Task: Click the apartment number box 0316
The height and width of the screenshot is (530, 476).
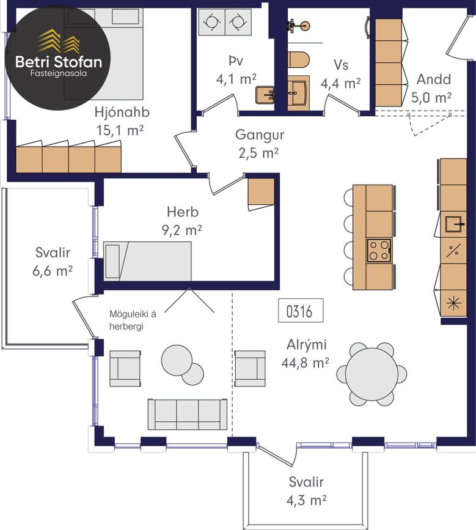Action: pyautogui.click(x=301, y=311)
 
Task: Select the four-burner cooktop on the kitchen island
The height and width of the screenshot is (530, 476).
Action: pyautogui.click(x=379, y=251)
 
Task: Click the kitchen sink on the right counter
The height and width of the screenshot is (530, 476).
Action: pyautogui.click(x=455, y=224)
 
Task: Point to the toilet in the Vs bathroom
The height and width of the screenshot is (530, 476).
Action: pyautogui.click(x=299, y=60)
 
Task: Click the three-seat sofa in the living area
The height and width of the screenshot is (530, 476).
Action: pyautogui.click(x=188, y=414)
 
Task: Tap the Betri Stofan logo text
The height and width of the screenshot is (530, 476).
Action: pyautogui.click(x=59, y=62)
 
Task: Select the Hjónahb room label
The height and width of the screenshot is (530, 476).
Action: pyautogui.click(x=122, y=112)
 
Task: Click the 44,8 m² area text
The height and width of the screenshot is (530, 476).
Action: pyautogui.click(x=305, y=363)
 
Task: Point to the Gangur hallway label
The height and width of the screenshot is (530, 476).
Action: pyautogui.click(x=260, y=134)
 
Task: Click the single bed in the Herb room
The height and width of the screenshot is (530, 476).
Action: pyautogui.click(x=147, y=261)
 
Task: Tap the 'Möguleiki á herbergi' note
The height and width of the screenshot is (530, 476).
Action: pyautogui.click(x=133, y=320)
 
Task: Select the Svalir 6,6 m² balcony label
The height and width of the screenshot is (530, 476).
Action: pyautogui.click(x=53, y=261)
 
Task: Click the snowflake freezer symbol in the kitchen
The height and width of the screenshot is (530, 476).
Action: pyautogui.click(x=452, y=303)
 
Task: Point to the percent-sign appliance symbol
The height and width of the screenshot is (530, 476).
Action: pyautogui.click(x=453, y=251)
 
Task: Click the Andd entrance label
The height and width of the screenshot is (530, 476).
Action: pyautogui.click(x=434, y=79)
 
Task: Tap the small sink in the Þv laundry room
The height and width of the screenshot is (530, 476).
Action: pyautogui.click(x=265, y=95)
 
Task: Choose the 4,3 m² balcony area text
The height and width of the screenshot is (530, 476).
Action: pyautogui.click(x=306, y=500)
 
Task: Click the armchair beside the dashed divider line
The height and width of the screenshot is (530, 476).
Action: pyautogui.click(x=250, y=369)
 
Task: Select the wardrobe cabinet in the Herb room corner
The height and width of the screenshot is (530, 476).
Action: pyautogui.click(x=261, y=193)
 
